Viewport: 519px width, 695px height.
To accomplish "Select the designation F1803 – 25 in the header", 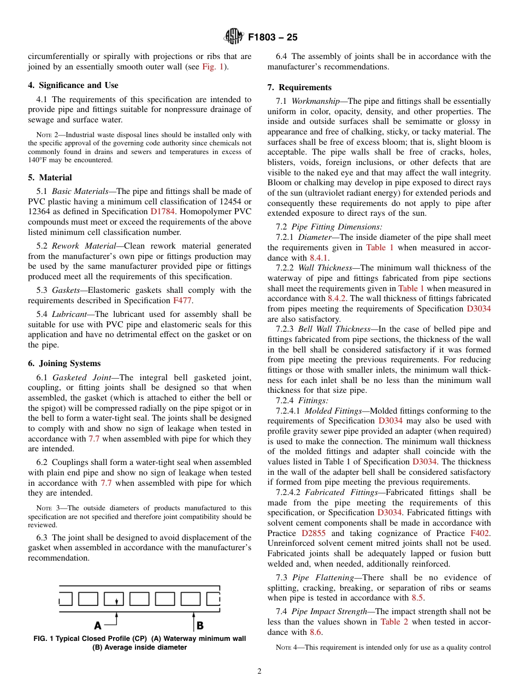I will pos(272,38).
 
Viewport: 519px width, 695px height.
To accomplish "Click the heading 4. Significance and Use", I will pos(73,85).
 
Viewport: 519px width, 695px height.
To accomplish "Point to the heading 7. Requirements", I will pos(299,87).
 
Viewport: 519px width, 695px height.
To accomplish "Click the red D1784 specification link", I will pos(162,211).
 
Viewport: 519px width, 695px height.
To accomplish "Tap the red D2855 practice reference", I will pos(314,533).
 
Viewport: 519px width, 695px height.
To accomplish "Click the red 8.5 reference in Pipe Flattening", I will pos(417,598).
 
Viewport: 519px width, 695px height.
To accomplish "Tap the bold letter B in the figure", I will pos(200,625).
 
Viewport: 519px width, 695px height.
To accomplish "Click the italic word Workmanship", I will pos(316,101).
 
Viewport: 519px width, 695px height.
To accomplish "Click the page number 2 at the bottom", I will pos(259,672).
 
